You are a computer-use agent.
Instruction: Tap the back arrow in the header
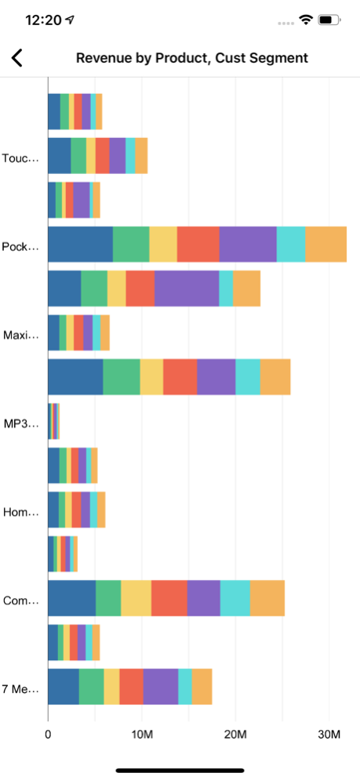[x=17, y=58]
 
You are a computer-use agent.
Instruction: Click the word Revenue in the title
[x=99, y=58]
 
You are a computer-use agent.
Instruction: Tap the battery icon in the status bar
[x=329, y=20]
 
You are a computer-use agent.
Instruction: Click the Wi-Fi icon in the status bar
[x=305, y=20]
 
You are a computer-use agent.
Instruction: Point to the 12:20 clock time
[x=43, y=20]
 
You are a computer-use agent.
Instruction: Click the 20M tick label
[x=235, y=735]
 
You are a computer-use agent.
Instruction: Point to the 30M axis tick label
[x=329, y=735]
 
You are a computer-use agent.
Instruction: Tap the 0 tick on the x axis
[x=48, y=735]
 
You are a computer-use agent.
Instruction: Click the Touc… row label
[x=20, y=158]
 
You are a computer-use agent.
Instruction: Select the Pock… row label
[x=20, y=247]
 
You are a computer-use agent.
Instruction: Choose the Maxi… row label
[x=21, y=336]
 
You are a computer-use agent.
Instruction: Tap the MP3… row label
[x=21, y=424]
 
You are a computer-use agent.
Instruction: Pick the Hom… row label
[x=20, y=513]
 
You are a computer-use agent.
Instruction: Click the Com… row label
[x=20, y=601]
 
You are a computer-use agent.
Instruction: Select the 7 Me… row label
[x=20, y=690]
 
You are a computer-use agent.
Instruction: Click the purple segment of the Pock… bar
[x=248, y=245]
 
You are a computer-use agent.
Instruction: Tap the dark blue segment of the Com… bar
[x=71, y=598]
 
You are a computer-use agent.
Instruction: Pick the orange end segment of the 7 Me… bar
[x=202, y=687]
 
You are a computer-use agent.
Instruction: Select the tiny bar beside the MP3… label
[x=54, y=421]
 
